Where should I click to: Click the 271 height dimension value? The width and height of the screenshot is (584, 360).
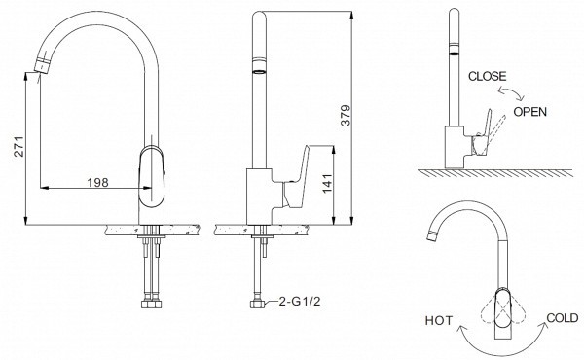[x=19, y=147]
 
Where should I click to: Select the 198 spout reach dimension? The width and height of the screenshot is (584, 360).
[x=98, y=182]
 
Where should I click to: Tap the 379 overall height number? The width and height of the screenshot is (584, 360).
[x=346, y=115]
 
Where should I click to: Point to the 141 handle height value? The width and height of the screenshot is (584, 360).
[x=327, y=183]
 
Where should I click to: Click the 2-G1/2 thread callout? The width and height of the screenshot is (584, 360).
[x=300, y=302]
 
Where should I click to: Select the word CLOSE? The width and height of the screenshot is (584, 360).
[x=488, y=76]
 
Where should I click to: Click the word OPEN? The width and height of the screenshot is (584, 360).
[x=530, y=112]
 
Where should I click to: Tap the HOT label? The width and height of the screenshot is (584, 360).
[x=439, y=320]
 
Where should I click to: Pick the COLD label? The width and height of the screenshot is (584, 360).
[x=563, y=318]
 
